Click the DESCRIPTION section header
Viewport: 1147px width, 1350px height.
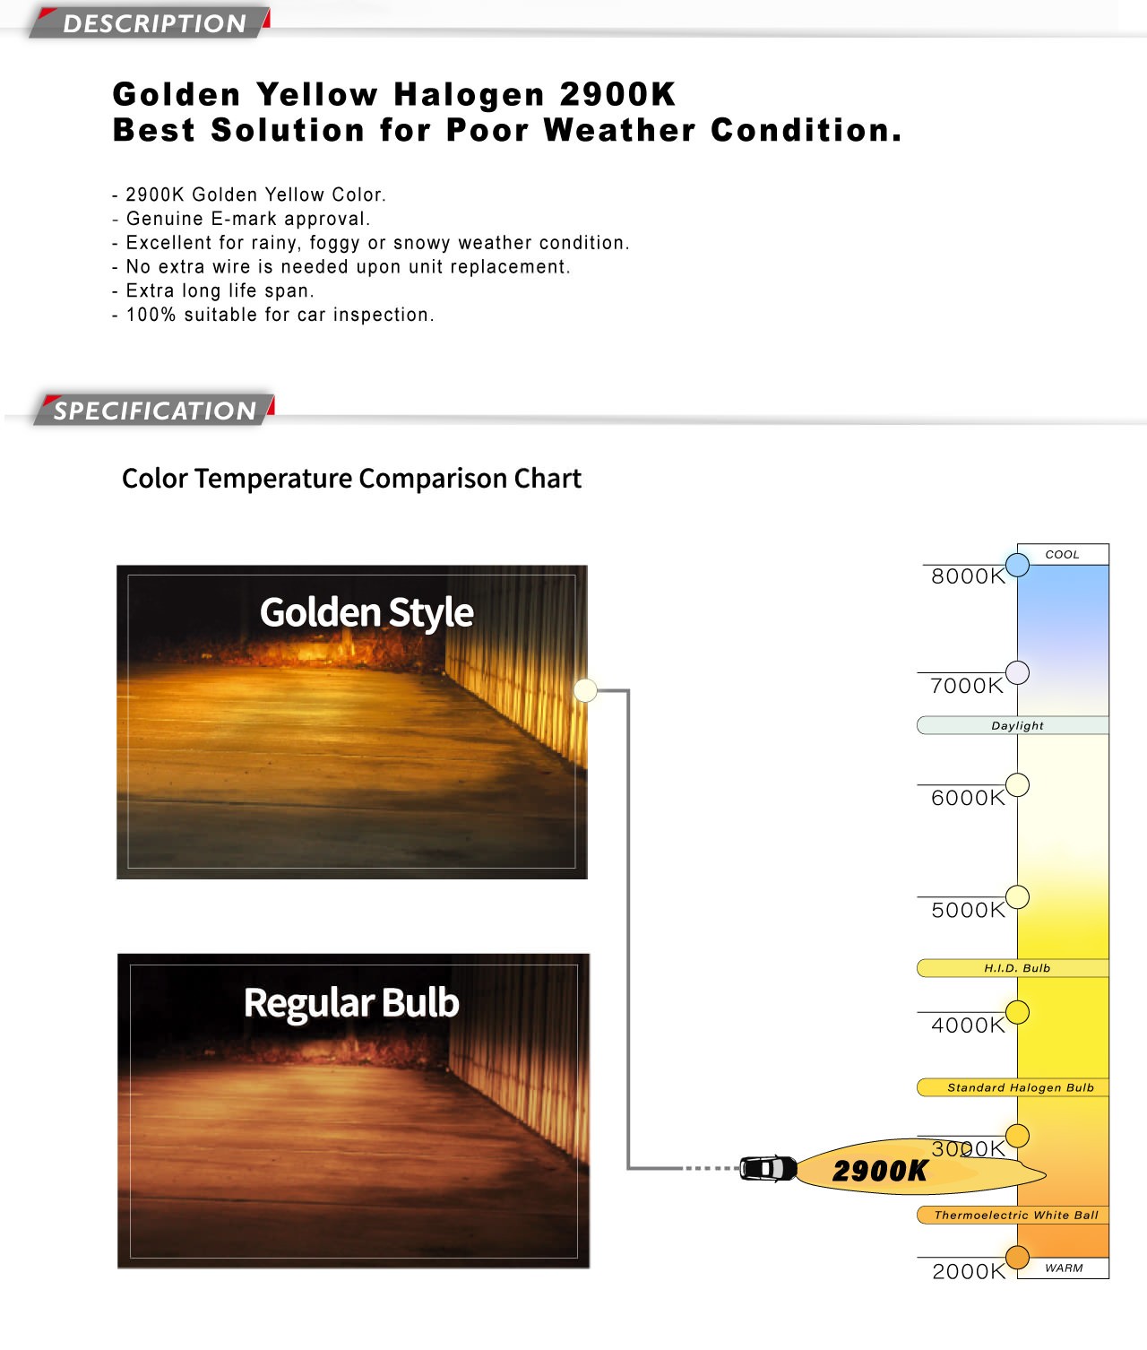click(x=154, y=23)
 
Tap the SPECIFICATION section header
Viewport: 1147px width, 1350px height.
click(x=155, y=411)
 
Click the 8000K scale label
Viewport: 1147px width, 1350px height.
click(x=968, y=576)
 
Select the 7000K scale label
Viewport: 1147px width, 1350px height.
click(x=967, y=686)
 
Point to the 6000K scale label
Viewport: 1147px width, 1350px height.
click(x=968, y=798)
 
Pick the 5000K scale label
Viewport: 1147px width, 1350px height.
click(x=968, y=910)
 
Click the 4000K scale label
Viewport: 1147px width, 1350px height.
click(x=968, y=1025)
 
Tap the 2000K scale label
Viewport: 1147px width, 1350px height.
click(x=969, y=1271)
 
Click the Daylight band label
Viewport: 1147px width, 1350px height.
click(x=1017, y=725)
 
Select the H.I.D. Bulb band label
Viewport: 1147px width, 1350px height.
click(x=1017, y=968)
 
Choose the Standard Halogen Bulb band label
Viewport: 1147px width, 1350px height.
click(x=1021, y=1087)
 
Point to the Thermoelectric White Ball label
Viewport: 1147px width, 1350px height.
click(x=1016, y=1215)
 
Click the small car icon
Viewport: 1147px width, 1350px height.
click(x=768, y=1168)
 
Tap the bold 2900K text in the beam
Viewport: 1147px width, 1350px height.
click(x=879, y=1171)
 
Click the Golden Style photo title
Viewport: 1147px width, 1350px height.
click(x=367, y=613)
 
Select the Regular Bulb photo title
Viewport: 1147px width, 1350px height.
click(x=351, y=1002)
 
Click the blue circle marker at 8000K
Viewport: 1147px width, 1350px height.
click(x=1017, y=565)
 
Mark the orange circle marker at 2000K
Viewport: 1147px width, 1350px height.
click(x=1017, y=1257)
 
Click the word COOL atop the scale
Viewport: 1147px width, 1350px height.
click(x=1062, y=555)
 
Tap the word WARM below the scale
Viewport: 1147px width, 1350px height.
click(x=1064, y=1268)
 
